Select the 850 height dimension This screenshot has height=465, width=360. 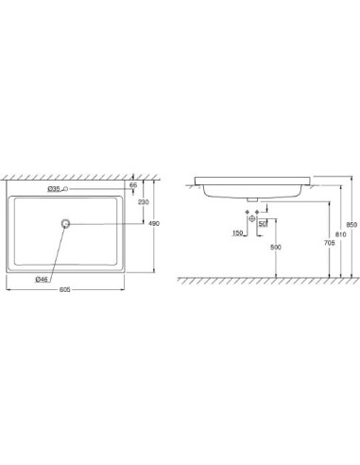tap(351, 224)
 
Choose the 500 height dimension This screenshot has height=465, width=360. tap(276, 247)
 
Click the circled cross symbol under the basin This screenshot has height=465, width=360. tap(252, 219)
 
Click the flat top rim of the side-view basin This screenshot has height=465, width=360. tap(246, 176)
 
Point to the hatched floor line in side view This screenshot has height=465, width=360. tap(265, 280)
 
